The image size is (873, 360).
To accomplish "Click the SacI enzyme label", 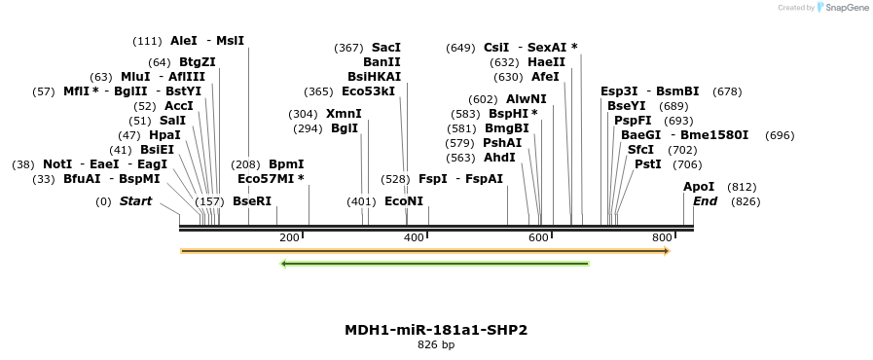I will coord(385,48).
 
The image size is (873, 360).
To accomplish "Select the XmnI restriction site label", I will coord(344,114).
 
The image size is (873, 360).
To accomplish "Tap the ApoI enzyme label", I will coord(698,187).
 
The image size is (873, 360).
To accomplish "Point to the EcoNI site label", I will coord(404,201).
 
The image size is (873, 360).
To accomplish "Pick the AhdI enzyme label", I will coord(499,158).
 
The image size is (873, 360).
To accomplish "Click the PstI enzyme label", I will coord(647,164).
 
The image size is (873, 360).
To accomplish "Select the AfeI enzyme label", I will coord(545,77).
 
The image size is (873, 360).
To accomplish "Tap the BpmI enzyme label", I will coord(286,165).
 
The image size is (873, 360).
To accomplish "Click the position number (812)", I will coord(742,187).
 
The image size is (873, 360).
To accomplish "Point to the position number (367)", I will coord(348,48).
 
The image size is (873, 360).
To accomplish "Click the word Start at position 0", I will coord(135,201).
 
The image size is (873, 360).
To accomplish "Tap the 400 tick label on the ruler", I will coord(414,237).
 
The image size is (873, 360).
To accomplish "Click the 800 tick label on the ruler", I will coord(662,237).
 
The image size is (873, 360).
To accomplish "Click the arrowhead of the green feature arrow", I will coord(283,264).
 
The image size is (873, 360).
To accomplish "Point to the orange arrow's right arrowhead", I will coord(667,251).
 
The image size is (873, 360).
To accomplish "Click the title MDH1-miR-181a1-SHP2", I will coord(436,330).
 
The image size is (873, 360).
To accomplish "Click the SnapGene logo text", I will coord(844,8).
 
